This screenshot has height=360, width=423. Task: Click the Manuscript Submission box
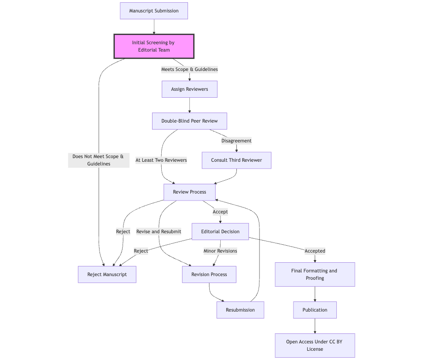(x=154, y=11)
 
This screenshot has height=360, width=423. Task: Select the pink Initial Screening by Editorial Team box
(x=154, y=46)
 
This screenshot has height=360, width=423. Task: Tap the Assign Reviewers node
(x=189, y=89)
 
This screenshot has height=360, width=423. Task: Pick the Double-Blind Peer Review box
(x=189, y=121)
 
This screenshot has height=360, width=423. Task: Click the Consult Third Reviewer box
(x=236, y=160)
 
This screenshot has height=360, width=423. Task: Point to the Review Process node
(x=189, y=192)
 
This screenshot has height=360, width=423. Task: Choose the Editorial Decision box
(x=220, y=231)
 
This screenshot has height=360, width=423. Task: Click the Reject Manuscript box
(x=107, y=274)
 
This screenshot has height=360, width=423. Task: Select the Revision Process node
(x=209, y=274)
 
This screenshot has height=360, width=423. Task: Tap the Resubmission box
(x=240, y=310)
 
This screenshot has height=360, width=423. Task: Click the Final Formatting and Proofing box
(x=315, y=274)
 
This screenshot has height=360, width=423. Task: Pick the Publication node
(x=315, y=310)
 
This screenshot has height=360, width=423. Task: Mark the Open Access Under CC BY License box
(x=315, y=345)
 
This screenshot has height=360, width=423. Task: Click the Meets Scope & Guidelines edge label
(x=189, y=69)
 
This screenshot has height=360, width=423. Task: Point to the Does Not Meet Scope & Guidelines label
(x=99, y=160)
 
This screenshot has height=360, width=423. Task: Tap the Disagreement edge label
(x=236, y=141)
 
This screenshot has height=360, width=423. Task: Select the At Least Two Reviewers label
(x=161, y=160)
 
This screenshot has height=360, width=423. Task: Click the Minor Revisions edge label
(x=220, y=251)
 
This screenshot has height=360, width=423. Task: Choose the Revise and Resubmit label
(x=159, y=231)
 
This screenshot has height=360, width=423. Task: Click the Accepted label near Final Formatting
(x=315, y=251)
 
